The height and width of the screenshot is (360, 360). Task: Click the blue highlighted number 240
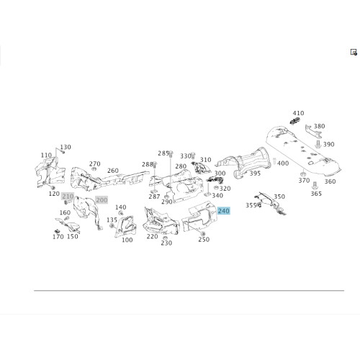[223, 211]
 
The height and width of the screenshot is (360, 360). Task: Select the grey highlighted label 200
[102, 199]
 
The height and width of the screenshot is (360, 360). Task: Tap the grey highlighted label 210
[68, 197]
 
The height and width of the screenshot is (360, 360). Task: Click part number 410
[298, 113]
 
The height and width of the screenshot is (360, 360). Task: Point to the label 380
[319, 126]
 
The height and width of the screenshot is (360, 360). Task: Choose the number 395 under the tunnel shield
[255, 174]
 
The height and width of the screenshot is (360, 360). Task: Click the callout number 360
[330, 181]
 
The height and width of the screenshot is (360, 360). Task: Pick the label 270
[95, 164]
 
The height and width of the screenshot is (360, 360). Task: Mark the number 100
[127, 240]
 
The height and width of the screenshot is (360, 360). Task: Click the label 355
[251, 205]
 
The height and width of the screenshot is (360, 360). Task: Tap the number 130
[66, 147]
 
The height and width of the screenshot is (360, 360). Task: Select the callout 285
[163, 153]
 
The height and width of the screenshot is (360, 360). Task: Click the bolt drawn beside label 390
[318, 145]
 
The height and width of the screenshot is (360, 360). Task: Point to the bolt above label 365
[315, 186]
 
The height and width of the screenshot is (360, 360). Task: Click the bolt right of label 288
[155, 164]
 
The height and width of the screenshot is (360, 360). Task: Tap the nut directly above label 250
[202, 234]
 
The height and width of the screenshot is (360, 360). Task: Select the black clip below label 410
[295, 121]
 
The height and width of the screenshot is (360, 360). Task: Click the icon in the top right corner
[354, 52]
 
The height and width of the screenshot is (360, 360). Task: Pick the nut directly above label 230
[165, 238]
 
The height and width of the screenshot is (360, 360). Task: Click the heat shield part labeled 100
[125, 226]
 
